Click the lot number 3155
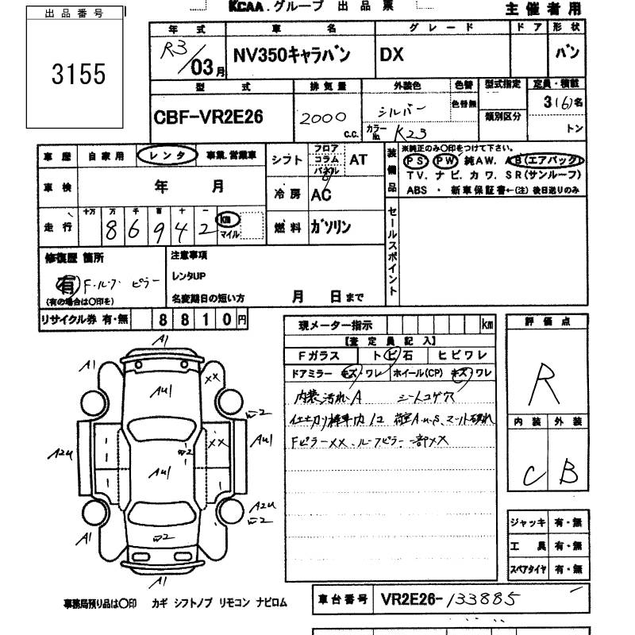(78, 75)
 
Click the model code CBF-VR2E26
(207, 117)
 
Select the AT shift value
(358, 160)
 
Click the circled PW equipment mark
(446, 160)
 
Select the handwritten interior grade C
(534, 475)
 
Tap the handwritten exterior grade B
(568, 473)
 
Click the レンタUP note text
(187, 275)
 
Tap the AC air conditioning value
(321, 194)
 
